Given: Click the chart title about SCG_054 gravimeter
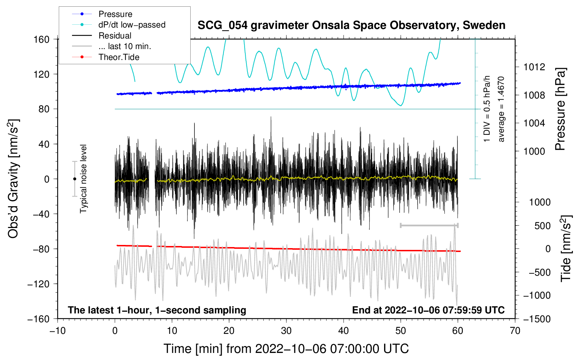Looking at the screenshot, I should [x=351, y=25].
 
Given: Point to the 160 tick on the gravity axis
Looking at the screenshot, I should [x=42, y=39].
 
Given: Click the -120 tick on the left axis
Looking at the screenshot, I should [x=38, y=284].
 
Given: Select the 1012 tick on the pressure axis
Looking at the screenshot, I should [x=534, y=67].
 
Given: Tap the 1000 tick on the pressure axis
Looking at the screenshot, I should [x=534, y=151].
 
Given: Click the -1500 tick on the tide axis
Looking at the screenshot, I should [x=537, y=319].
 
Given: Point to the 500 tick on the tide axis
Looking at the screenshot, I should [x=542, y=226].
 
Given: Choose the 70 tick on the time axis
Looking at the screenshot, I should [x=515, y=331].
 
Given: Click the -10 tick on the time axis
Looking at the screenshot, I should [x=58, y=331].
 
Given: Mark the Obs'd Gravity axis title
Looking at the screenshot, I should [x=13, y=179].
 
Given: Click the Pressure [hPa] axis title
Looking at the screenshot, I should [x=561, y=109].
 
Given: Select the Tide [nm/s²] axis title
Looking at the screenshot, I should [x=566, y=248].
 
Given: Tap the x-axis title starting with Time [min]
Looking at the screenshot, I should [x=286, y=349].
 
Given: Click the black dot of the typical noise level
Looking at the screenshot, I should [x=74, y=179].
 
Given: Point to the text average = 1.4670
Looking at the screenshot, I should [x=501, y=109].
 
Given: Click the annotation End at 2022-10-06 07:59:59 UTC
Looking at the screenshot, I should [x=428, y=310].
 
